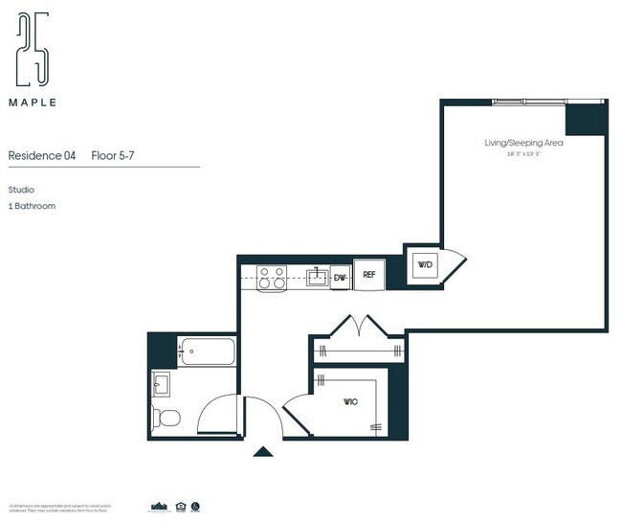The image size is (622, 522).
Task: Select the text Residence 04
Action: pyautogui.click(x=41, y=155)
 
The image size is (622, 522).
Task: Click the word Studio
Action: pyautogui.click(x=21, y=190)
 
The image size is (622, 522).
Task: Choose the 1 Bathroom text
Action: pyautogui.click(x=32, y=206)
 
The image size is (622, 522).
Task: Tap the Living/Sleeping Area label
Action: pyautogui.click(x=522, y=143)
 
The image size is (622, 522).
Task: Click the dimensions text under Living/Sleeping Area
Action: pyautogui.click(x=522, y=152)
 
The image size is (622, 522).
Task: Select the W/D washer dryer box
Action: pyautogui.click(x=424, y=264)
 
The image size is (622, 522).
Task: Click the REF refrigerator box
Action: pyautogui.click(x=368, y=275)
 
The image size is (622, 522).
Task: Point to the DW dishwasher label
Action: pyautogui.click(x=339, y=278)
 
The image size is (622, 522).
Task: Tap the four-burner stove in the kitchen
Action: pyautogui.click(x=272, y=277)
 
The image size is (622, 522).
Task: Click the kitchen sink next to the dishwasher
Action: pyautogui.click(x=316, y=278)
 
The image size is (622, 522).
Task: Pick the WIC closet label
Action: pyautogui.click(x=349, y=402)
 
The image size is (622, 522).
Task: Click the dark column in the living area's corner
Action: pyautogui.click(x=586, y=119)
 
